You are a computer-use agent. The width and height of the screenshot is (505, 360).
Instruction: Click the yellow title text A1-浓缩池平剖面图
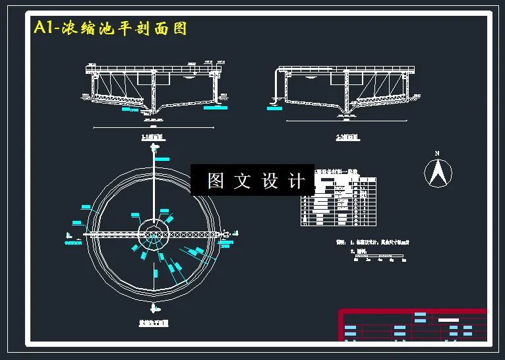(x=110, y=28)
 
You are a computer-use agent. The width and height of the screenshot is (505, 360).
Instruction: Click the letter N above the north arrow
(x=436, y=154)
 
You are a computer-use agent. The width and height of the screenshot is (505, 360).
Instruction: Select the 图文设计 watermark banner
(x=252, y=180)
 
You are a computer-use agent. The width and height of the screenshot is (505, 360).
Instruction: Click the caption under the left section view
(x=153, y=138)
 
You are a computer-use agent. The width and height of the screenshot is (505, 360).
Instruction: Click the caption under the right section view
(x=347, y=138)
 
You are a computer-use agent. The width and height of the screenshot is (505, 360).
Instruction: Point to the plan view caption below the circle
(x=154, y=324)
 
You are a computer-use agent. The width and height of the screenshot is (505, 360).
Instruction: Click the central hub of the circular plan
(x=154, y=234)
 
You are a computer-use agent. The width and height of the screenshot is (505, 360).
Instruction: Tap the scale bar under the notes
(x=379, y=255)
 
